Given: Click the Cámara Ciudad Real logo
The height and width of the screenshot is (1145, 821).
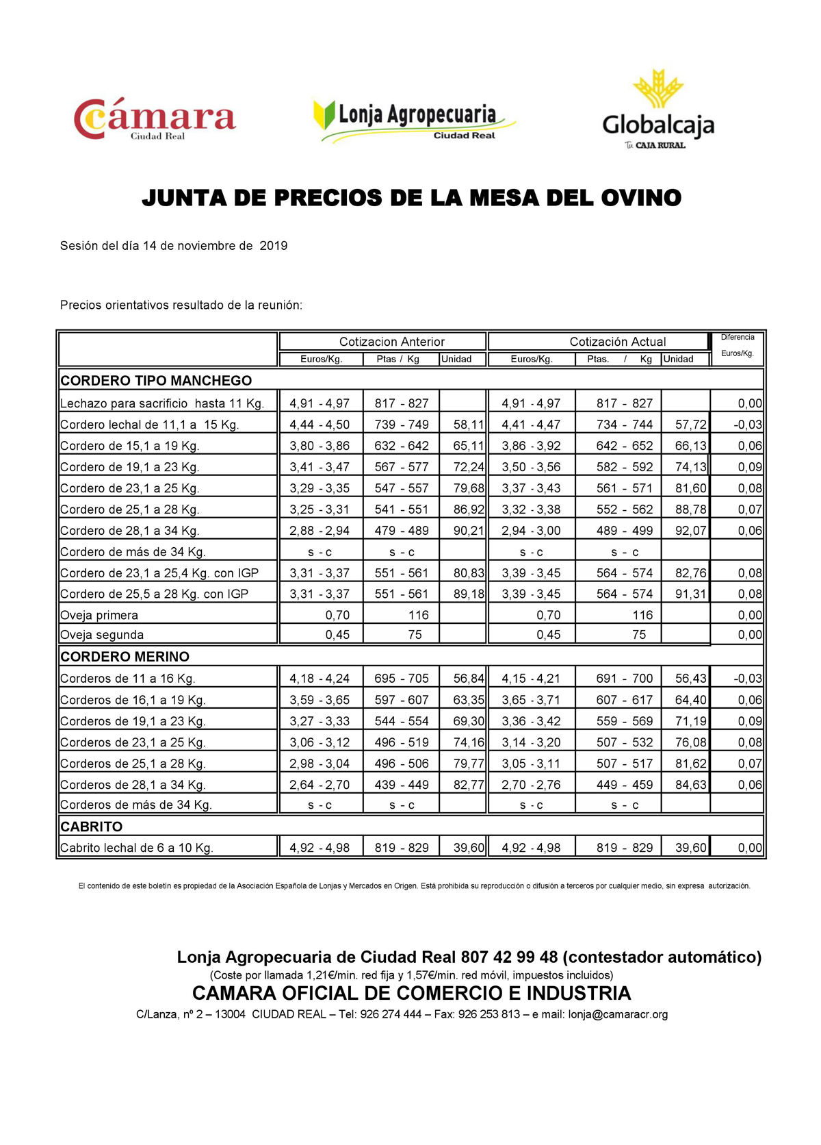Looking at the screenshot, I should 155,119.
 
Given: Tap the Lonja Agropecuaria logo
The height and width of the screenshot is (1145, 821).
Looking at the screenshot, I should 413,121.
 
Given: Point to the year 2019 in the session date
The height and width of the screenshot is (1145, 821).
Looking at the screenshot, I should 273,246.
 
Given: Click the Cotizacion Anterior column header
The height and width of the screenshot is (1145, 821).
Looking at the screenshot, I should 391,342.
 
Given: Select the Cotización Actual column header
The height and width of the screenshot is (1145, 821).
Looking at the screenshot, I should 617,342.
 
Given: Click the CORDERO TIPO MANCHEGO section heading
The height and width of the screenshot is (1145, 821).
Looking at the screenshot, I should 156,381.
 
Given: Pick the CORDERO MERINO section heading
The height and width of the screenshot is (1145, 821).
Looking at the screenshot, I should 125,657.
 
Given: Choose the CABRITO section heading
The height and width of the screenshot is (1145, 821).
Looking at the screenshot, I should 92,827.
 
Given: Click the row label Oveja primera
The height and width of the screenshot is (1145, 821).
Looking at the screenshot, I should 99,615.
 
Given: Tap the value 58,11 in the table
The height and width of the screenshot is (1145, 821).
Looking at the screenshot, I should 468,425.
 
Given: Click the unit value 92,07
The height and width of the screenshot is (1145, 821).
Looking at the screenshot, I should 690,531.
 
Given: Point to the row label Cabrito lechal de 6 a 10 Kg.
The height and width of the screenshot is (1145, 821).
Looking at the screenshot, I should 137,848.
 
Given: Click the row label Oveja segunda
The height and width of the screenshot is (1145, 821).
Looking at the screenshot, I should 102,635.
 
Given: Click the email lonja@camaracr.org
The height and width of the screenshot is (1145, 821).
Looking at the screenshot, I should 618,1014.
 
